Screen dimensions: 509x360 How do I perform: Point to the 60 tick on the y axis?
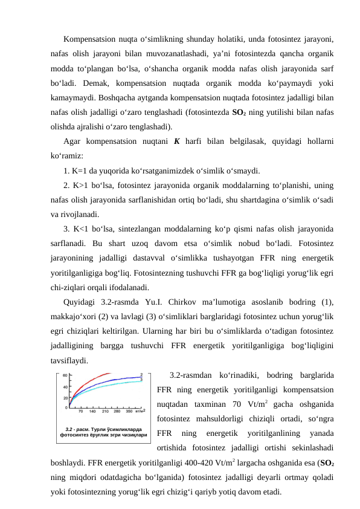[x=65, y=376]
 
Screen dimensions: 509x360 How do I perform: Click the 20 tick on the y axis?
[x=65, y=398]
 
